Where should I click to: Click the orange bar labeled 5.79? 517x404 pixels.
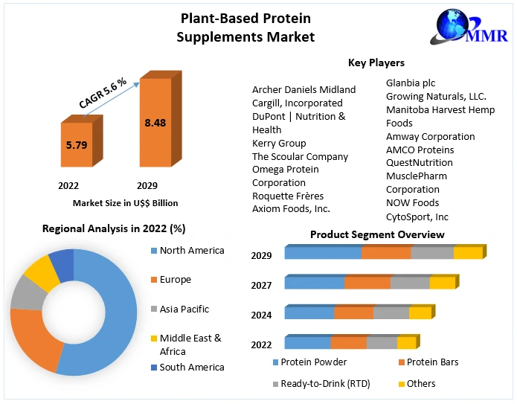77,145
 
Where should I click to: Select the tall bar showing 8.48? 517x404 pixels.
155,123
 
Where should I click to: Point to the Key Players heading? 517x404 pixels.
376,62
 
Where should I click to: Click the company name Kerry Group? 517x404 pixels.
279,143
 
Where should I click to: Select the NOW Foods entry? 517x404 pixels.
412,202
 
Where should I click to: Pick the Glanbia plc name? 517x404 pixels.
411,83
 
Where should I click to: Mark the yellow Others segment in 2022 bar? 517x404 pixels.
406,343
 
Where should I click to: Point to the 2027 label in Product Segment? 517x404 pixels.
262,285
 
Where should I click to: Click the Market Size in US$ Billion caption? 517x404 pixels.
125,202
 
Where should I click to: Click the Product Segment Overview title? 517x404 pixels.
377,234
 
